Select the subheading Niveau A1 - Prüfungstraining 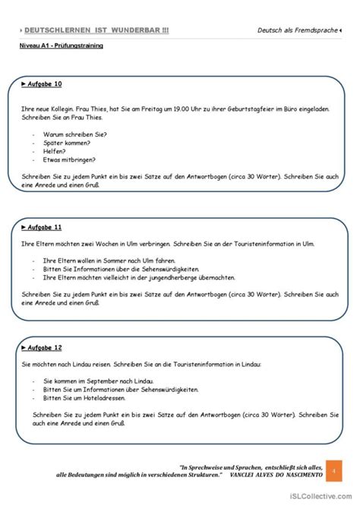coord(62,46)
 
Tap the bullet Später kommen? coord(70,142)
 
